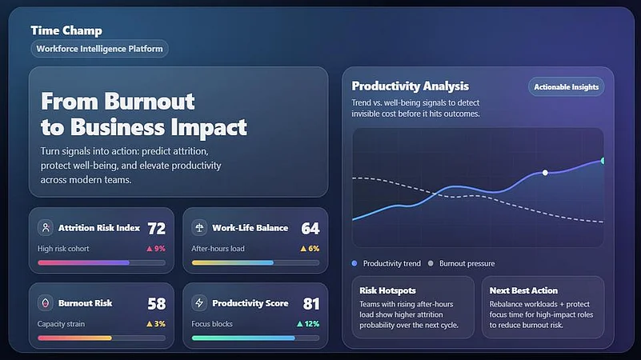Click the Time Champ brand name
coord(66,30)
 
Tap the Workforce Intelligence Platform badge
coord(99,49)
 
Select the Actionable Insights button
coord(566,86)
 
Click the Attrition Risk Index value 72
coord(156,228)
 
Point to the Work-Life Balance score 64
coord(310,228)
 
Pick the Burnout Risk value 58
coord(156,304)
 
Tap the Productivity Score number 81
coord(310,304)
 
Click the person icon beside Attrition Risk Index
coord(46,228)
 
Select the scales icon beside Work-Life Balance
coord(199,228)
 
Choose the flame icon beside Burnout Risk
coord(46,304)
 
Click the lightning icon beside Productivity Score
coord(199,304)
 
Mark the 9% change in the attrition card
coord(155,249)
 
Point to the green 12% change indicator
coord(308,324)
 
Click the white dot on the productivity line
coord(545,173)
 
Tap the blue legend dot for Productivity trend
coord(355,263)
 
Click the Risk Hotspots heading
coord(387,290)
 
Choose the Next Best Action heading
coord(524,290)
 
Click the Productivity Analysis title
coord(410,86)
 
